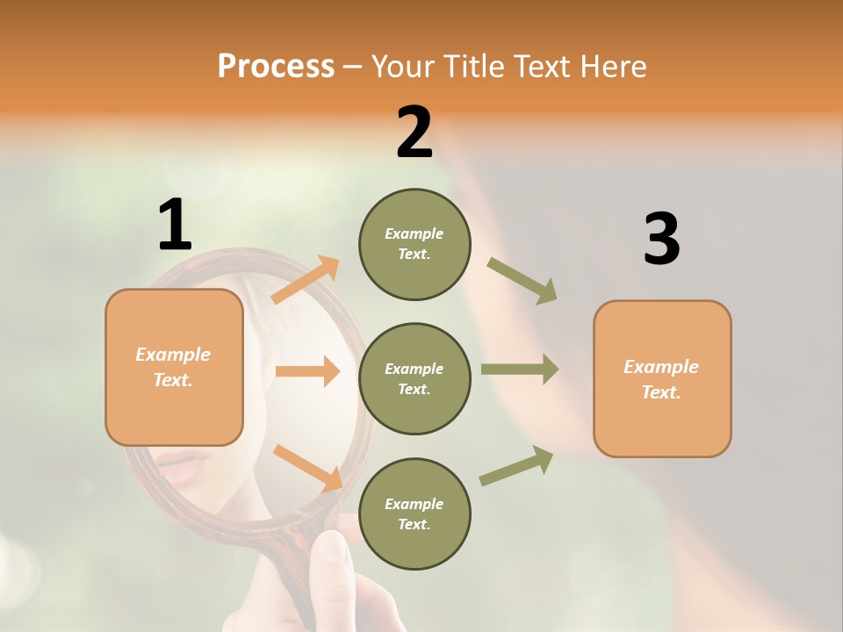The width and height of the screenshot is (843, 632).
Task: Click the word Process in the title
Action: click(x=276, y=66)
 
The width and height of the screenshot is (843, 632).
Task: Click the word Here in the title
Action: click(x=611, y=66)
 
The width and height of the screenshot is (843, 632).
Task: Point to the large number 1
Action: click(x=174, y=225)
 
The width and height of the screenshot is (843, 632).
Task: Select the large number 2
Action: click(x=414, y=133)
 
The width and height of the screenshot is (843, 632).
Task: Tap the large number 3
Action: click(x=661, y=240)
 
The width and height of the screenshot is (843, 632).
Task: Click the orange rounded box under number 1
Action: click(x=174, y=367)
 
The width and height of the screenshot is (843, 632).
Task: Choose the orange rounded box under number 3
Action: click(x=662, y=378)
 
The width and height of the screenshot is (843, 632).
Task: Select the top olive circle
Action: click(x=414, y=244)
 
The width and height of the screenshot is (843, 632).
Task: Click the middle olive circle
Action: click(x=414, y=378)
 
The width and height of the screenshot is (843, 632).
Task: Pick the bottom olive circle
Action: click(x=414, y=513)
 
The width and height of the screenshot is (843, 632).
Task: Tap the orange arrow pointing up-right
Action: click(x=306, y=280)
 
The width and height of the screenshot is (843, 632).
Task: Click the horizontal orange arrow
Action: click(x=307, y=371)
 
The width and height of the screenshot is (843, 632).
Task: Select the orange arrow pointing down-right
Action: click(x=308, y=467)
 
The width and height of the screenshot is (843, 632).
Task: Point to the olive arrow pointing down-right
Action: click(x=522, y=281)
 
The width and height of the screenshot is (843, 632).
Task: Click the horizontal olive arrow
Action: click(x=520, y=369)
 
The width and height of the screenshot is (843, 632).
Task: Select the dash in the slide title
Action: click(x=353, y=68)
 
